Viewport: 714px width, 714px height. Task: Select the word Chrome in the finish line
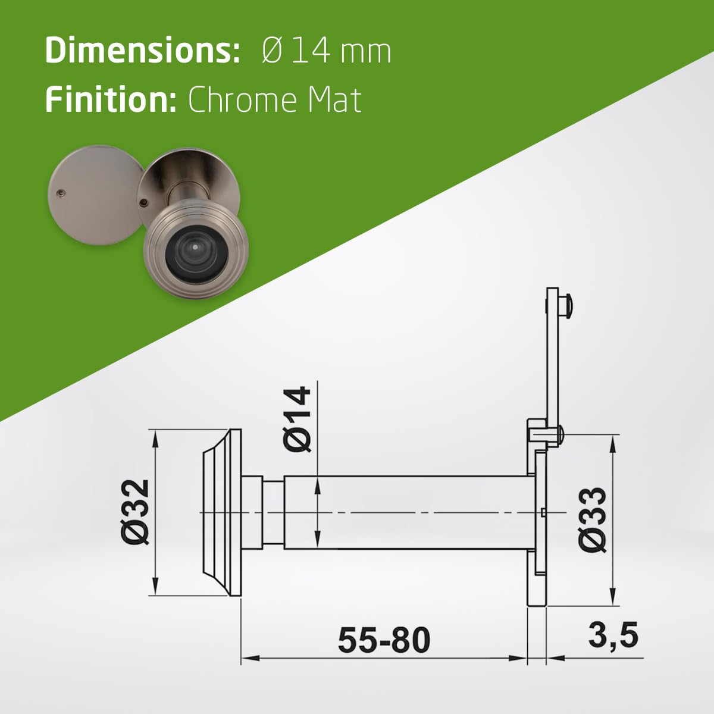click(242, 100)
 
